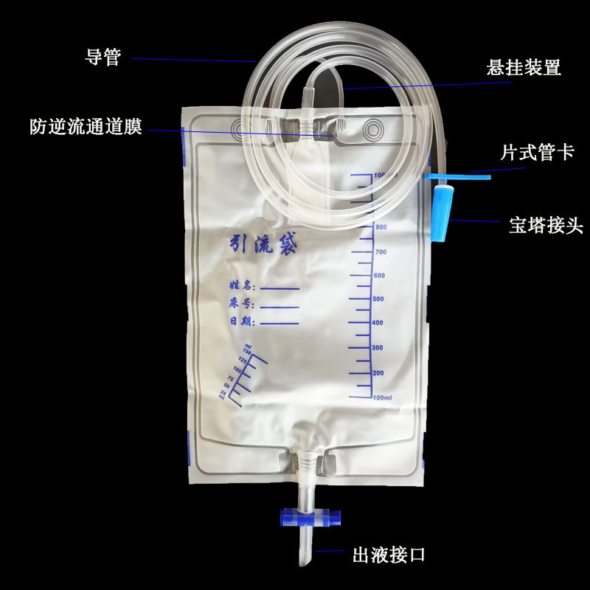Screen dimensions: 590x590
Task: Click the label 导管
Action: tap(103, 57)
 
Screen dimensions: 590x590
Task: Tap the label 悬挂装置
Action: tap(524, 69)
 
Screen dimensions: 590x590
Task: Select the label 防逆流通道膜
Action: tap(86, 126)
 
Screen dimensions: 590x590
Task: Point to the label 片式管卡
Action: tap(537, 153)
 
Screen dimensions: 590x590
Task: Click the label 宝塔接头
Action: tap(546, 225)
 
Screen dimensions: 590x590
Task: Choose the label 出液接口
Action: tap(389, 554)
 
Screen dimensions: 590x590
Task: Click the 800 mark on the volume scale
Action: tap(381, 227)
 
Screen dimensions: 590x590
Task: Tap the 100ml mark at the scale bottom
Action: tap(381, 398)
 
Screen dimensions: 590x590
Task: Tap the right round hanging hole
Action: tap(375, 131)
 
